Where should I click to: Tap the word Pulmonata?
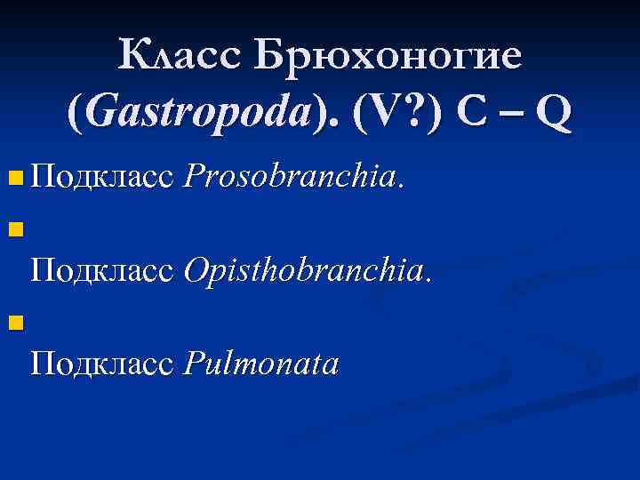(x=260, y=363)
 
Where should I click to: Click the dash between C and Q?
(x=510, y=116)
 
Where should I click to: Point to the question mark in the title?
(x=412, y=114)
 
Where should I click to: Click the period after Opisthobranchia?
(x=428, y=276)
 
